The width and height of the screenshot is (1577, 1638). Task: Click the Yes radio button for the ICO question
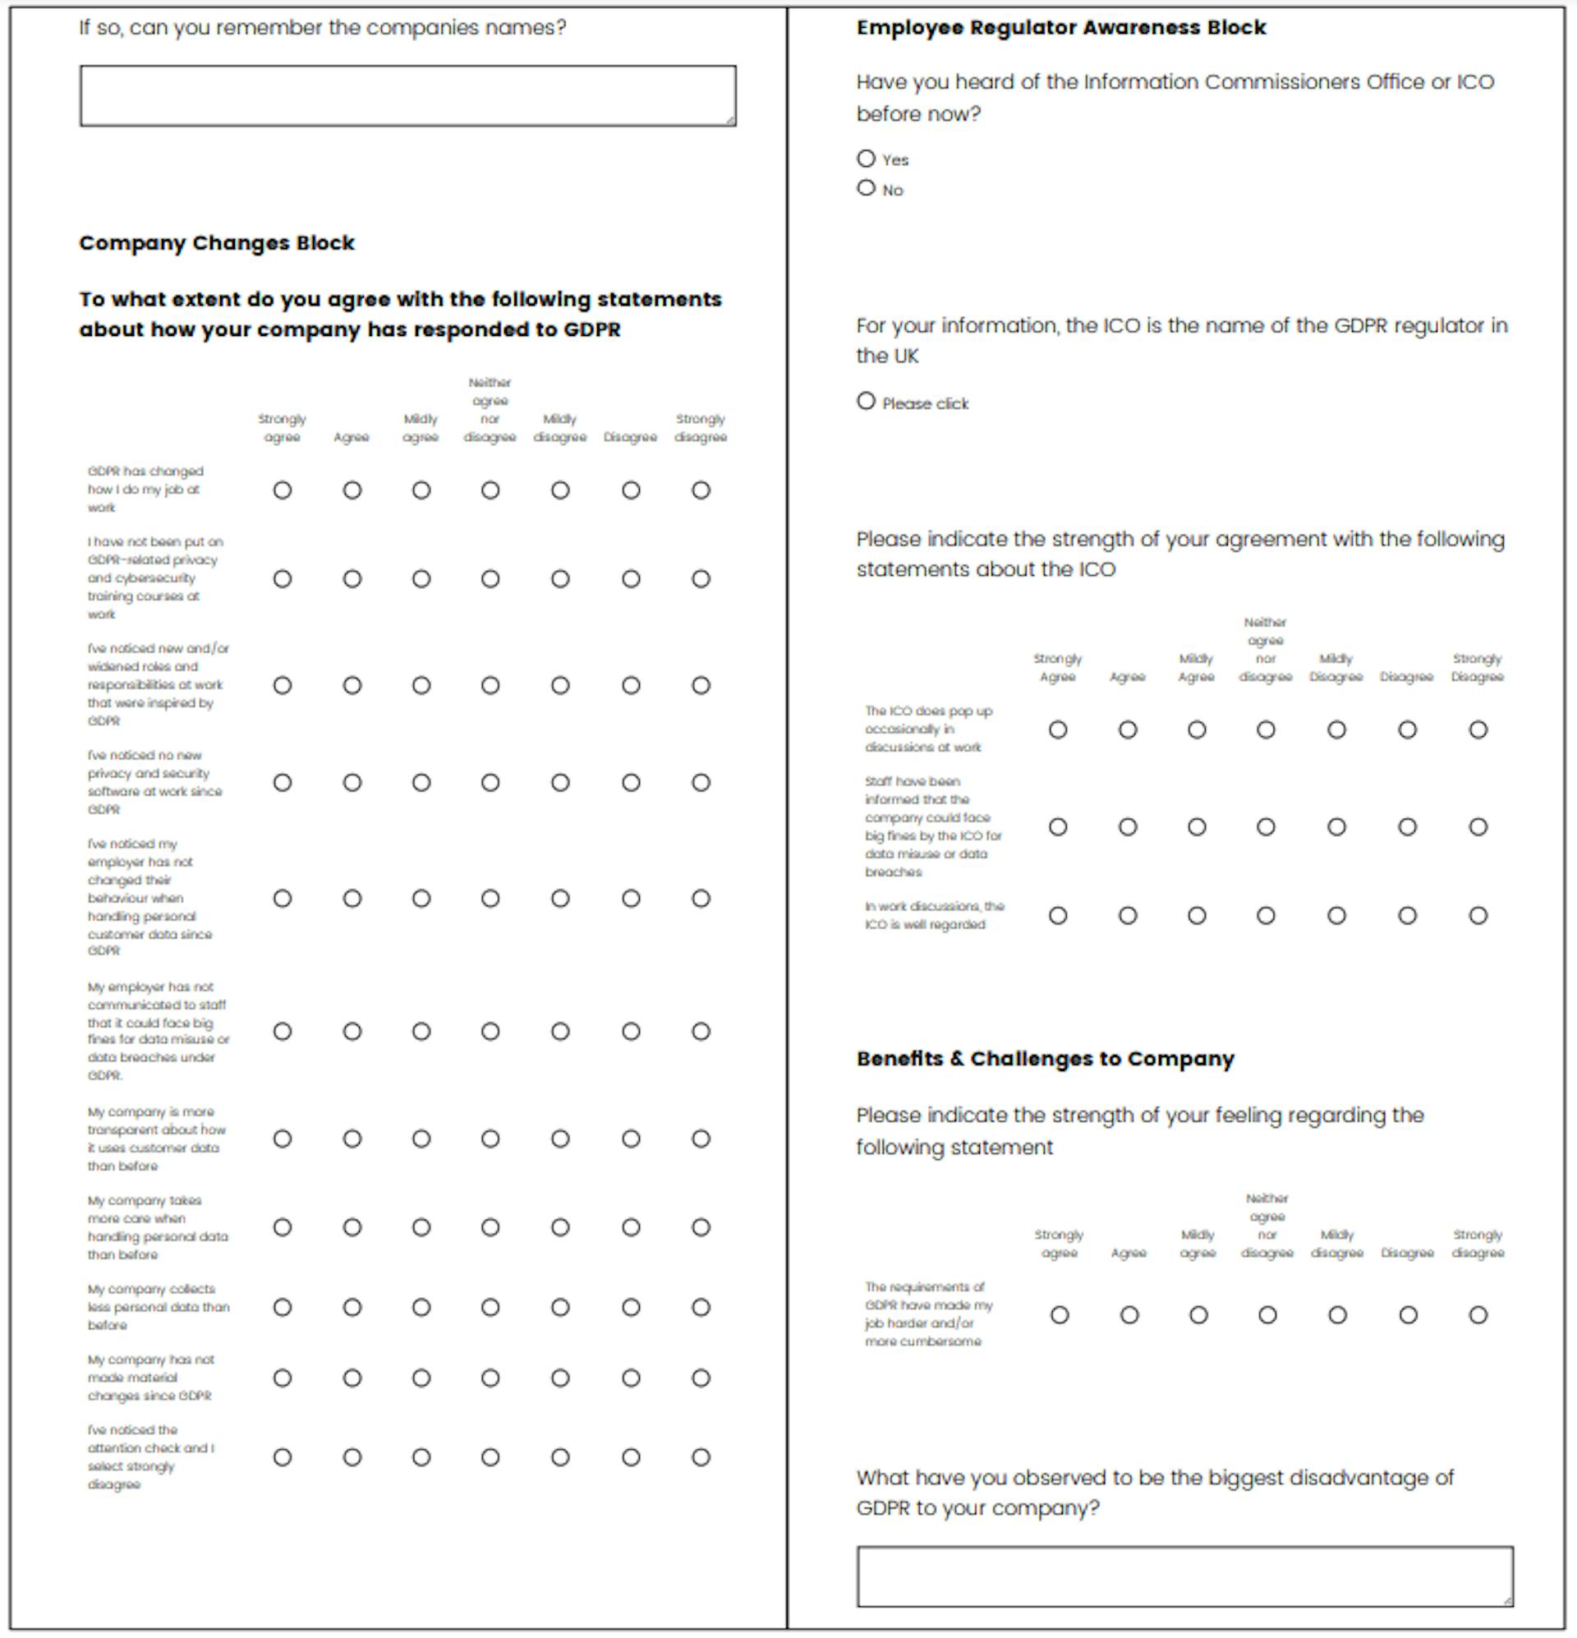pos(866,159)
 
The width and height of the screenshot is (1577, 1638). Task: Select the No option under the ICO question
pos(866,188)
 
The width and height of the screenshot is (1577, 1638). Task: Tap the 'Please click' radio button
pos(866,401)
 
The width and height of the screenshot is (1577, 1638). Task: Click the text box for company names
pos(408,96)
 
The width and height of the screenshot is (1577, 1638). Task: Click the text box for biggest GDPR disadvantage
pos(1184,1576)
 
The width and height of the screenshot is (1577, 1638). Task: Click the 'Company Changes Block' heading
pos(217,243)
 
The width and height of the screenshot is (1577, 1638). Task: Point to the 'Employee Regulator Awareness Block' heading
pos(1060,28)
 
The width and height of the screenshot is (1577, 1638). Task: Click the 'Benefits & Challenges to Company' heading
pos(1045,1059)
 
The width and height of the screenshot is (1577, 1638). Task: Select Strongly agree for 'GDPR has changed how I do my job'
pos(283,490)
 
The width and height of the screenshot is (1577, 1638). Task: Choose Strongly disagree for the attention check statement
pos(701,1457)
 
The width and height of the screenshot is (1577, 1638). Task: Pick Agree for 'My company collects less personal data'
pos(352,1307)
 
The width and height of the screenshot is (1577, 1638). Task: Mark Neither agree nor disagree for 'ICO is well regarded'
pos(1266,916)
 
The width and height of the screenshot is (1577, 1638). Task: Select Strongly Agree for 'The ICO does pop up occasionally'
pos(1058,730)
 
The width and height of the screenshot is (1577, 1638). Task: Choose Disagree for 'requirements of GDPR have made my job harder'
pos(1408,1315)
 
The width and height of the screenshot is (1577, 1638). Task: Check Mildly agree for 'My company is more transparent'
pos(421,1139)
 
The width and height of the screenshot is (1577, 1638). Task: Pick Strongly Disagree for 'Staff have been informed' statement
pos(1478,827)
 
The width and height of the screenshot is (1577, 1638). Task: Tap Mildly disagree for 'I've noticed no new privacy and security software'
pos(560,783)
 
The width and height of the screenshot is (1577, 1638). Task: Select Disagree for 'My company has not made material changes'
pos(631,1378)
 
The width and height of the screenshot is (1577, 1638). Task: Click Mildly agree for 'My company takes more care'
pos(421,1227)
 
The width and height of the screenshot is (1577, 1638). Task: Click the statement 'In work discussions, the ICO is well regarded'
pos(934,915)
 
